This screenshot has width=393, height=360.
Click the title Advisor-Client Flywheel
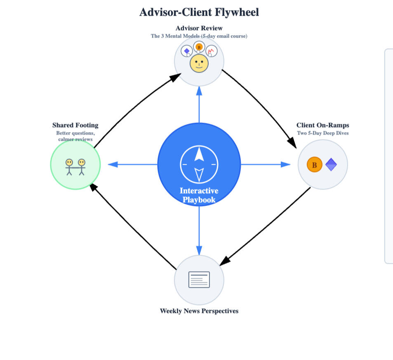[199, 12]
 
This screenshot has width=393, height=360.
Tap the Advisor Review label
[199, 28]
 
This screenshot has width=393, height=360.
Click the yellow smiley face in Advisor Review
[199, 64]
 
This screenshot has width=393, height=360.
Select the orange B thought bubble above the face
[199, 47]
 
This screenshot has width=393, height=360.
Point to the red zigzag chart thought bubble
[211, 51]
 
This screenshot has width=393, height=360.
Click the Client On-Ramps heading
[322, 125]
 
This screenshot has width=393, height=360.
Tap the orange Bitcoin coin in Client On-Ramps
[314, 165]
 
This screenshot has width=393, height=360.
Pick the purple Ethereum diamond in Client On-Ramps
[331, 165]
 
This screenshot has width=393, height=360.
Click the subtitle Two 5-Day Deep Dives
[322, 133]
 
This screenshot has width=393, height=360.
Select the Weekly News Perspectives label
[199, 311]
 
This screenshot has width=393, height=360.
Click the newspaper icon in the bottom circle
[199, 279]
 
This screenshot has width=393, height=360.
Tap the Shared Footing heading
[75, 125]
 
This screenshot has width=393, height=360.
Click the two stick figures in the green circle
[75, 166]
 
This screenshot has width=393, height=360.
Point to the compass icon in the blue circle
[199, 164]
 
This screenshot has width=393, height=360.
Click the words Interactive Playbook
[199, 195]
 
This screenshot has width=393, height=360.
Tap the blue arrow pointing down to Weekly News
[199, 231]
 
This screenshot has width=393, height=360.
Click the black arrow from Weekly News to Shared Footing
[132, 225]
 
